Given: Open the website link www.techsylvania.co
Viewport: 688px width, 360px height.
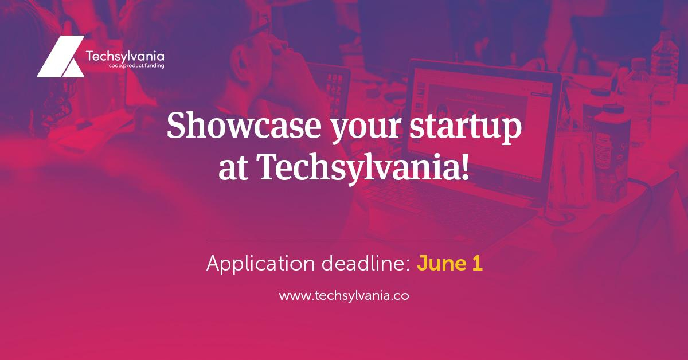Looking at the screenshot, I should pos(344,296).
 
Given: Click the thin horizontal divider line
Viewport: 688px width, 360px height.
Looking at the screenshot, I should pos(344,240).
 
